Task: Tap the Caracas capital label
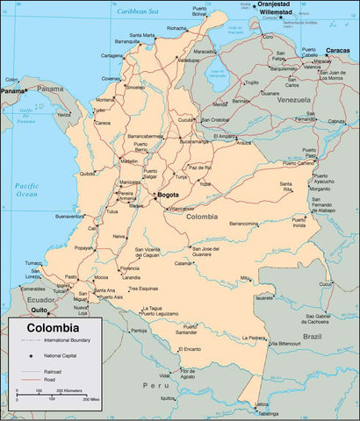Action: click(x=336, y=51)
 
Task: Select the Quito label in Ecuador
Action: click(x=40, y=310)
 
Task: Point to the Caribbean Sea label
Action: click(x=141, y=12)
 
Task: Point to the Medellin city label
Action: click(x=128, y=162)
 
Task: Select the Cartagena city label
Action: click(x=112, y=55)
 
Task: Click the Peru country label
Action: click(x=155, y=385)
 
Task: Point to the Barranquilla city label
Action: click(x=127, y=41)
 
